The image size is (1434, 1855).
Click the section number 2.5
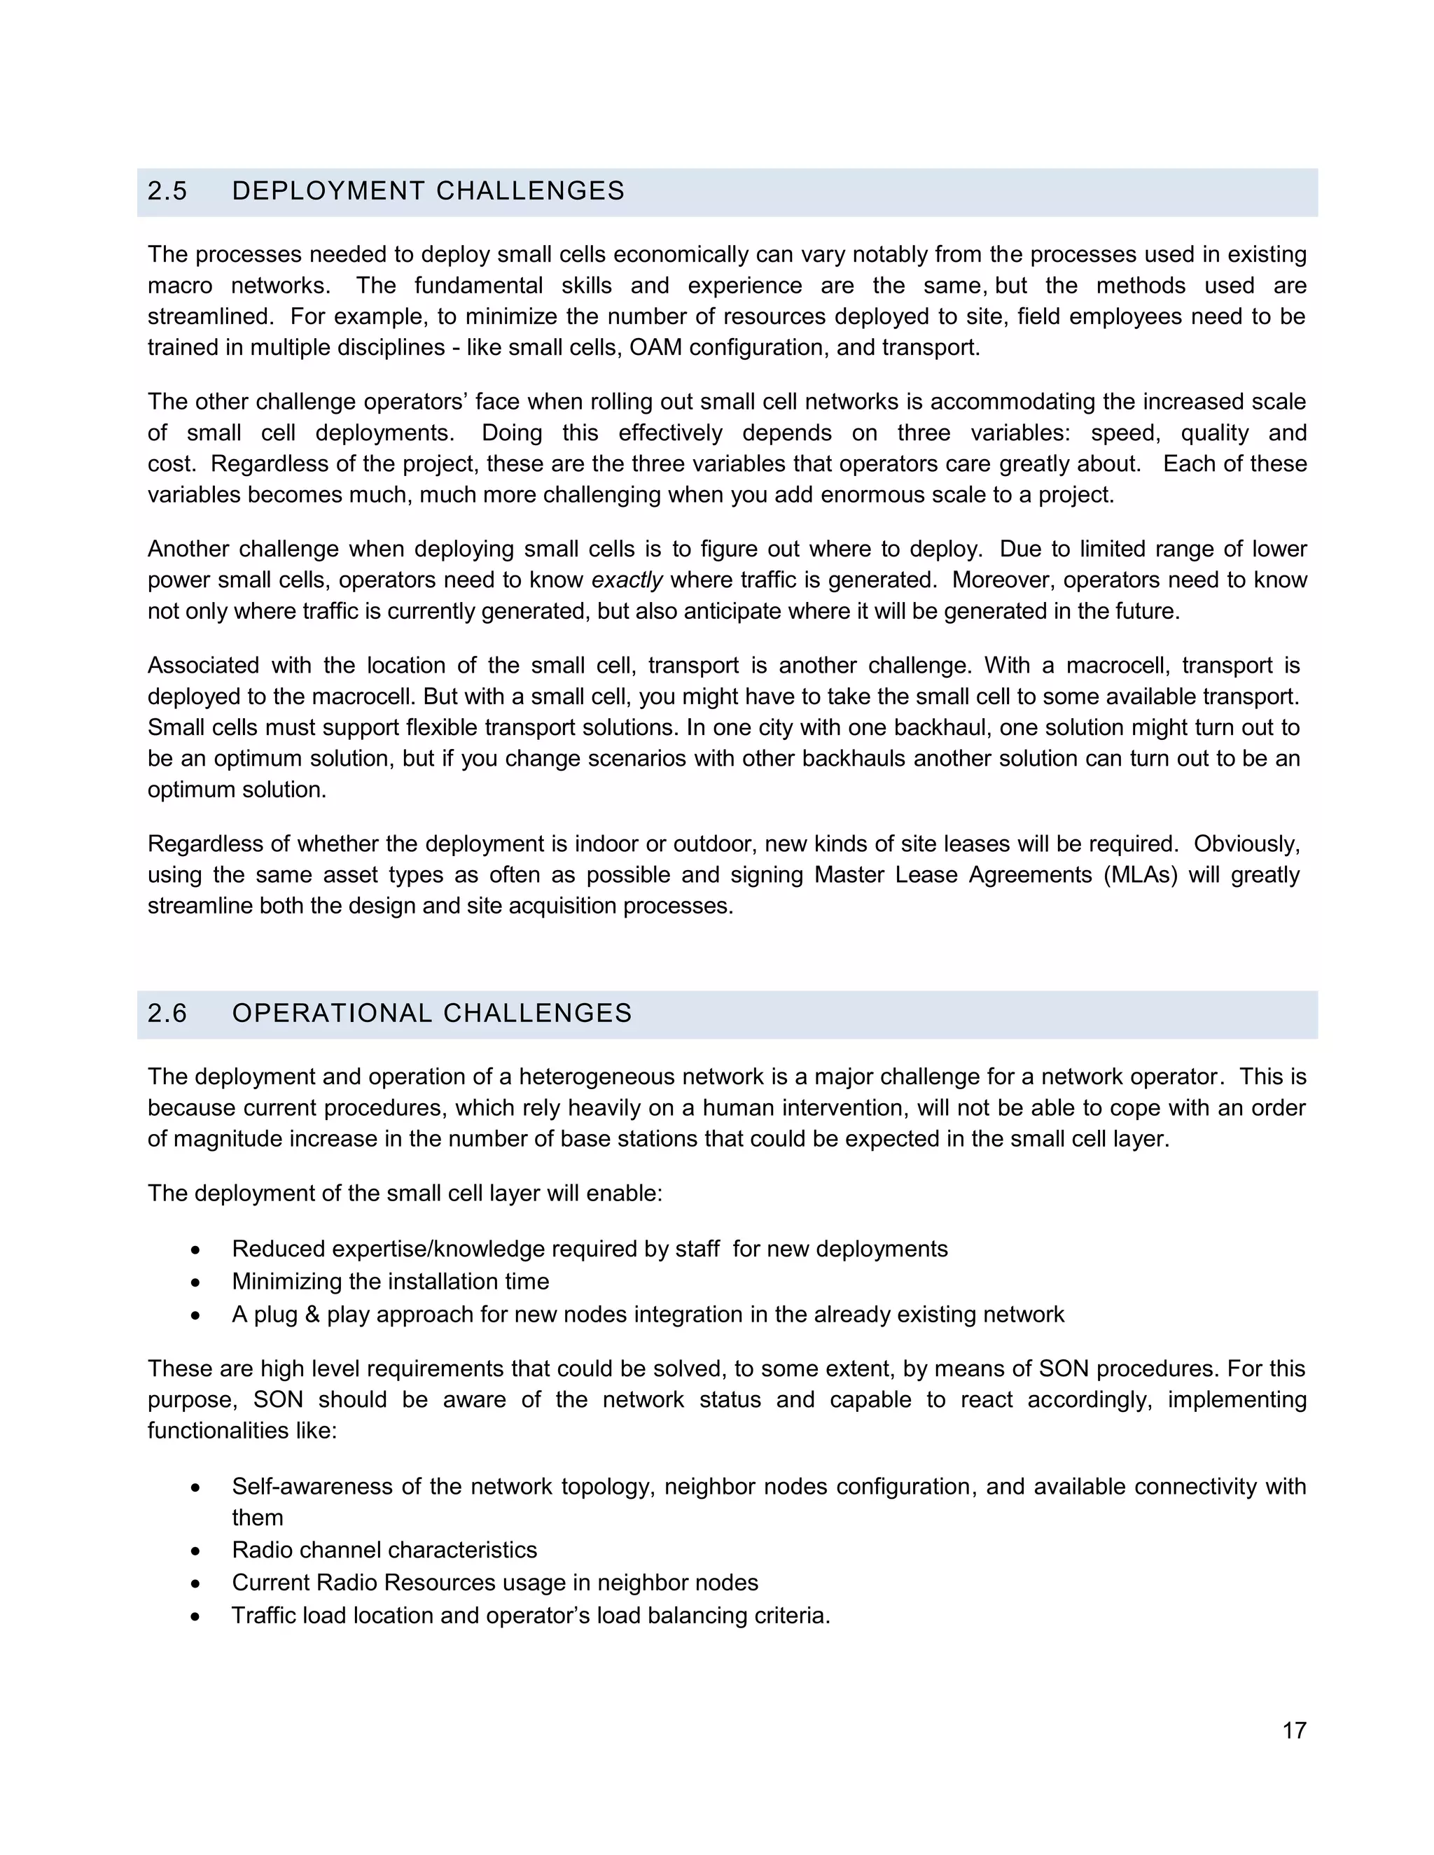pos(167,191)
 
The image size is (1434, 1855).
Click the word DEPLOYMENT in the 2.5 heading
pos(326,191)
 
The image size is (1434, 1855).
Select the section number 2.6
pos(167,1014)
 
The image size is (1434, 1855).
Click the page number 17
pos(1294,1730)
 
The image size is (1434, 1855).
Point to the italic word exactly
pos(626,580)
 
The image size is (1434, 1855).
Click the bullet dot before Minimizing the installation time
pos(196,1282)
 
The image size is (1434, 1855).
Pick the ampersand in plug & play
pos(312,1315)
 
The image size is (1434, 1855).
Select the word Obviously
pos(1246,844)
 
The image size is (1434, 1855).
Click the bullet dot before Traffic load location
pos(196,1616)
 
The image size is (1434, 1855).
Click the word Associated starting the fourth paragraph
pos(203,666)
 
